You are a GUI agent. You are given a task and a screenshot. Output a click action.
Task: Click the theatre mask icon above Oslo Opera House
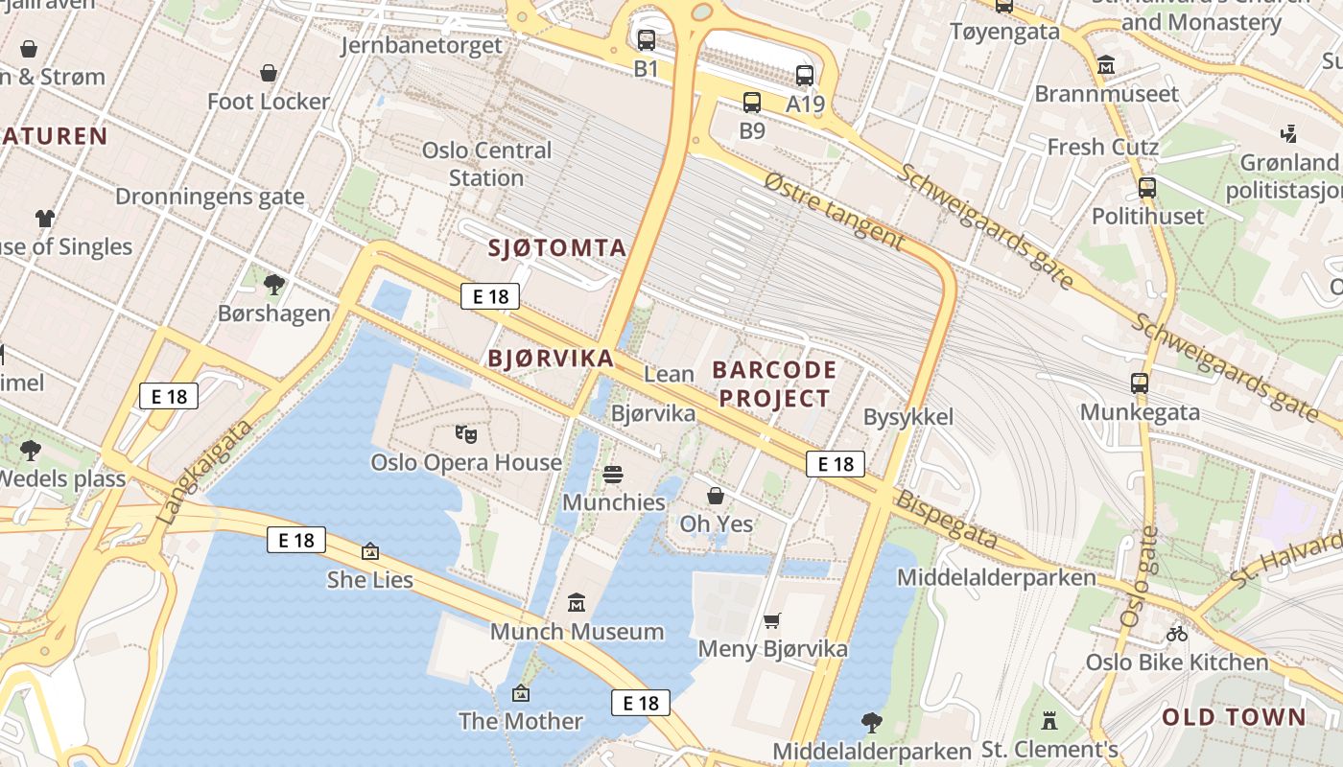pos(466,434)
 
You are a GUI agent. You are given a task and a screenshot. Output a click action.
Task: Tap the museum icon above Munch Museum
pos(577,603)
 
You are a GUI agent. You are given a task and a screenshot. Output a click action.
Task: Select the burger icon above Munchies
pos(613,475)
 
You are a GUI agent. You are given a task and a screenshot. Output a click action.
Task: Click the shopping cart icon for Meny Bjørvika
pos(772,620)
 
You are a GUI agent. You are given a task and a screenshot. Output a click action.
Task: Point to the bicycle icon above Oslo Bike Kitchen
pos(1177,633)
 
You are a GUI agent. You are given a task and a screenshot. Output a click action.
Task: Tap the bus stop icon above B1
pos(647,40)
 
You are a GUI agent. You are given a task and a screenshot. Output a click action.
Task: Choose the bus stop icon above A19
pos(805,75)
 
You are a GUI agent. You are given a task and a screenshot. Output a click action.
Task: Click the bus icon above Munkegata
pos(1140,383)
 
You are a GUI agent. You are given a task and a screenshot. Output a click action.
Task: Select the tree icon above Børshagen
pos(273,284)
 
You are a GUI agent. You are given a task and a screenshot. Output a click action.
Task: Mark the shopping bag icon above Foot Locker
pos(269,73)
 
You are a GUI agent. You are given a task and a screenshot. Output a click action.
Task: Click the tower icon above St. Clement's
pos(1049,719)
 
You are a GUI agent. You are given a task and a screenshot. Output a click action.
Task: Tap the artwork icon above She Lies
pos(370,551)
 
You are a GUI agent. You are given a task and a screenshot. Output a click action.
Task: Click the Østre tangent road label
pos(834,211)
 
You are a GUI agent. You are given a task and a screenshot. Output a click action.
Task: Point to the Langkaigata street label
pos(203,472)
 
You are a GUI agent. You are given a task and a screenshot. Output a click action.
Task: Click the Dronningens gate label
pos(209,197)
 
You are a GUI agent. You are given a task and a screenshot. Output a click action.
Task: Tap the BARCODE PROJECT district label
pos(774,383)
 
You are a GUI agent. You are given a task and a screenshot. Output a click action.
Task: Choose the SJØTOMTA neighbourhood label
pos(557,248)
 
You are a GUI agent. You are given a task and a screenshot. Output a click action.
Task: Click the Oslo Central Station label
pos(486,164)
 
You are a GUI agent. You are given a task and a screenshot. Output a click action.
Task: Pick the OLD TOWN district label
pos(1234,717)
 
